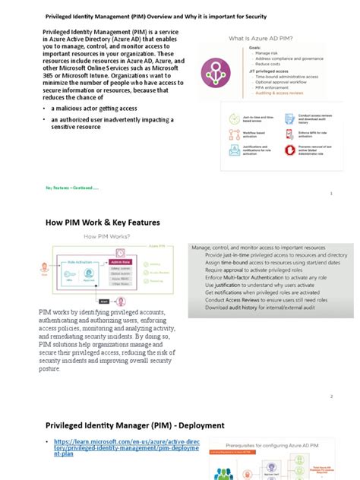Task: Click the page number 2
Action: coord(332,396)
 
